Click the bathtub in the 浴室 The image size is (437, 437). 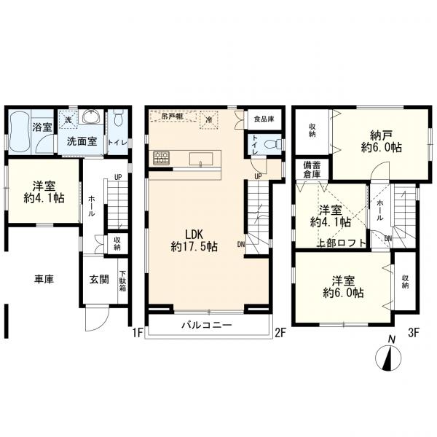[x=20, y=131]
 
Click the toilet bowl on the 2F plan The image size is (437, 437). [x=271, y=145]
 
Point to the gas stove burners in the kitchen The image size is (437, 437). [x=161, y=158]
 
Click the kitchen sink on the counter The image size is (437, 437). [x=201, y=159]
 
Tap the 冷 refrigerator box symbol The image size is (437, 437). [x=208, y=120]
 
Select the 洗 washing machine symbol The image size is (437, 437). [x=68, y=120]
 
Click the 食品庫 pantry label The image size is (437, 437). [x=264, y=119]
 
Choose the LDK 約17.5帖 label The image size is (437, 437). [x=194, y=240]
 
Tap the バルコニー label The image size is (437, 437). [x=207, y=325]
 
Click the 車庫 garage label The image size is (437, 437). [x=44, y=279]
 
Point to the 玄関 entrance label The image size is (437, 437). [x=99, y=279]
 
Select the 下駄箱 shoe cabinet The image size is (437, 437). [x=123, y=281]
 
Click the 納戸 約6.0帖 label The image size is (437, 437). [x=381, y=141]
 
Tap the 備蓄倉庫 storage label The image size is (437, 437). [x=312, y=170]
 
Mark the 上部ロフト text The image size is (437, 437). [x=342, y=243]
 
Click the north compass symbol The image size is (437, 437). [x=388, y=358]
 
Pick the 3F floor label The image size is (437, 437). [x=413, y=333]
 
